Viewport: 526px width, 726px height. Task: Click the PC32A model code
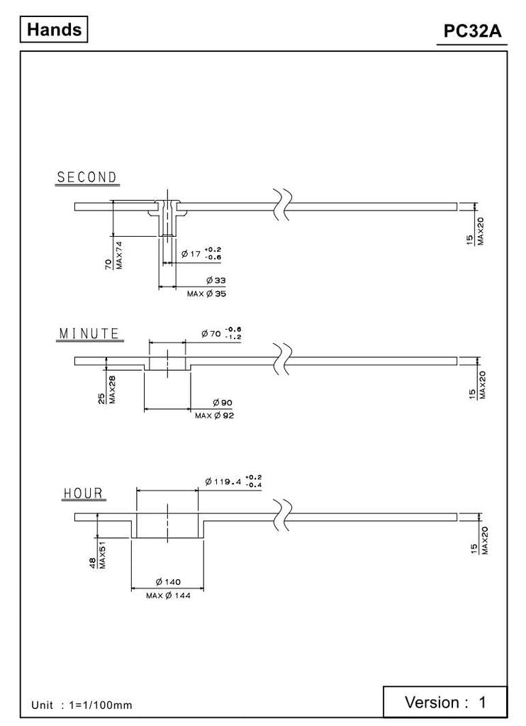472,32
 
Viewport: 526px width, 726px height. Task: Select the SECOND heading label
87,178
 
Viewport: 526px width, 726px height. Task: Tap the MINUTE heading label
89,334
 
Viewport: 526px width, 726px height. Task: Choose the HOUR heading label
83,493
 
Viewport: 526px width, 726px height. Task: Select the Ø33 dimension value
216,281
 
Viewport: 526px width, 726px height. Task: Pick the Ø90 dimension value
223,403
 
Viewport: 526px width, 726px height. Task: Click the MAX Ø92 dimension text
214,415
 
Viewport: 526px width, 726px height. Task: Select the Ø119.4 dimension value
223,482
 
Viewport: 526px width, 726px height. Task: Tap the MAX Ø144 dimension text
168,596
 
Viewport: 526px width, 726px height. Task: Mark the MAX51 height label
102,555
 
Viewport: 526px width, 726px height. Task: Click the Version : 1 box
445,703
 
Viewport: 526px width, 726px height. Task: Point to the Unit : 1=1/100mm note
82,705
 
